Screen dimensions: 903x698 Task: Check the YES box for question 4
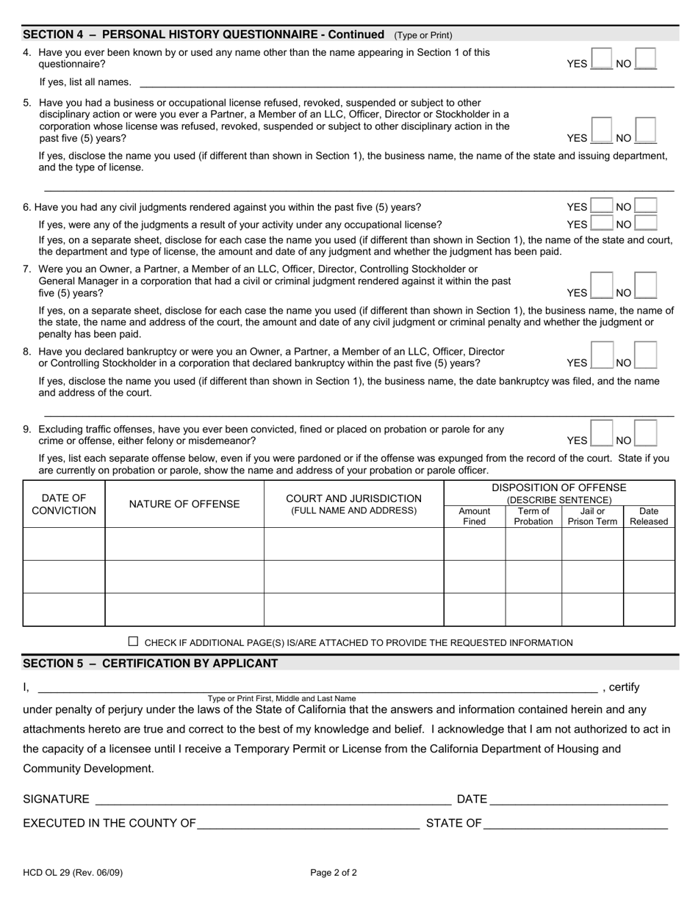tap(601, 59)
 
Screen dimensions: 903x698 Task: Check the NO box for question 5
tap(645, 131)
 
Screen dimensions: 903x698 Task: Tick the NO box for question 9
tap(645, 433)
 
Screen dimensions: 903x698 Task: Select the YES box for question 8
tap(601, 355)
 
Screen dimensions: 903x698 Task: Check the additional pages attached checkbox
tap(133, 642)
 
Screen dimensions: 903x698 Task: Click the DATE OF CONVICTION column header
tap(64, 504)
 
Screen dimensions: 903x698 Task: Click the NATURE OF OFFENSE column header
tap(184, 504)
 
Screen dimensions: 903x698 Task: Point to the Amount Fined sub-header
tap(474, 516)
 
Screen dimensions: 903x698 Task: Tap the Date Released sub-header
tap(649, 516)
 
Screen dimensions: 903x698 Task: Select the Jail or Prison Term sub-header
tap(592, 516)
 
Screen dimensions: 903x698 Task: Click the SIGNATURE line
tap(272, 799)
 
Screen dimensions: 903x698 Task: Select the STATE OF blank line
tap(575, 823)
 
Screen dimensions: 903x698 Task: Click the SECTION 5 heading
tap(151, 664)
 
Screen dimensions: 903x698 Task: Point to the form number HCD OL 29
tap(73, 873)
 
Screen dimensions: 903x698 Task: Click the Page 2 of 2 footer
tap(334, 873)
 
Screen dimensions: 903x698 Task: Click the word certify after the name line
tap(625, 687)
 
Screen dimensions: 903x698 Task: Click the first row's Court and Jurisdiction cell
tap(353, 544)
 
